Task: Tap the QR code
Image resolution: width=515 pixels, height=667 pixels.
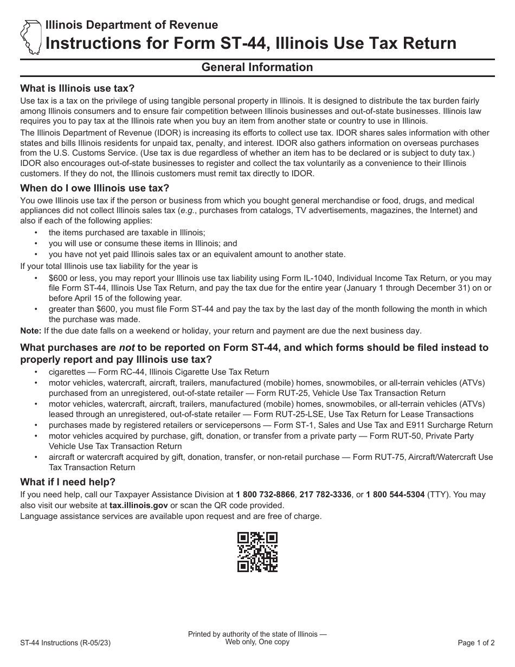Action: (257, 551)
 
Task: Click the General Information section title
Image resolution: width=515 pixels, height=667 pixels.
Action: (257, 67)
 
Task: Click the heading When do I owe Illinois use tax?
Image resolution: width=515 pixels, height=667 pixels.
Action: (94, 188)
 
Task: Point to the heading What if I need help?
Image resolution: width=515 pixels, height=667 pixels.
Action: (68, 482)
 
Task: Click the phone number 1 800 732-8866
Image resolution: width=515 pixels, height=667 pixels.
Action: (266, 495)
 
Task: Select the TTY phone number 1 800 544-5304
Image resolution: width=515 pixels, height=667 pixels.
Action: (395, 495)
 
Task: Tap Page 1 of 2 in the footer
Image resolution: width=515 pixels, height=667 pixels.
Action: (476, 644)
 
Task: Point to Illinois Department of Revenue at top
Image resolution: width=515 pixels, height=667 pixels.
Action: (132, 25)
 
